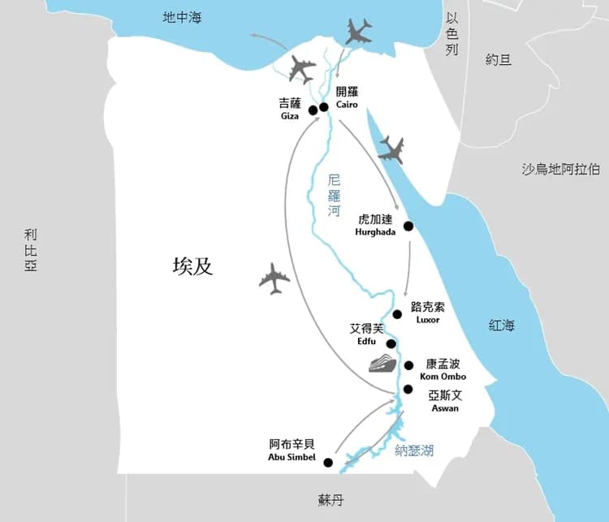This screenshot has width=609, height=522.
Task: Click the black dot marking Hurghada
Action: pyautogui.click(x=408, y=226)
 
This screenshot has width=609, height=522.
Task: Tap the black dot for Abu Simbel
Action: pyautogui.click(x=328, y=463)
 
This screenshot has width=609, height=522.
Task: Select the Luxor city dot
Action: pyautogui.click(x=397, y=314)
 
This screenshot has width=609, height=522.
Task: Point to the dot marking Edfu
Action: pyautogui.click(x=391, y=343)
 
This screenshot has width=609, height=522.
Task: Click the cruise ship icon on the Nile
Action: pyautogui.click(x=382, y=363)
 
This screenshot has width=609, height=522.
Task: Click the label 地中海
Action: pyautogui.click(x=182, y=17)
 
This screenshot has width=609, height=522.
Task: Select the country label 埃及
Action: pyautogui.click(x=192, y=266)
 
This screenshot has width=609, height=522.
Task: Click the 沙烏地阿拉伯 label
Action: pyautogui.click(x=561, y=169)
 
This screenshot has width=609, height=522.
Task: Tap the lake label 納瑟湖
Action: pyautogui.click(x=413, y=451)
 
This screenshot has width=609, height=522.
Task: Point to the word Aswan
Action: pyautogui.click(x=445, y=408)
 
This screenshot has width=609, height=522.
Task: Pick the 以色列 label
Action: pyautogui.click(x=452, y=34)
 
